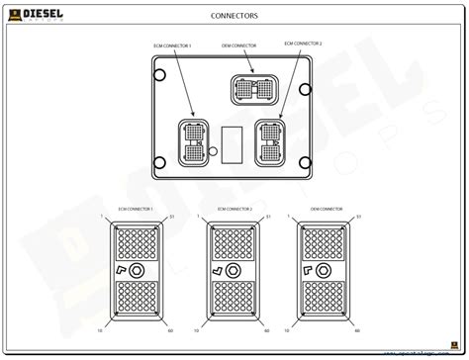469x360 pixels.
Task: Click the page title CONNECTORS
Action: pos(234,16)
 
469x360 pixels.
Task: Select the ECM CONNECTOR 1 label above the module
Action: pos(172,46)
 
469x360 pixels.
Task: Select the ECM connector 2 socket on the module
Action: pos(270,139)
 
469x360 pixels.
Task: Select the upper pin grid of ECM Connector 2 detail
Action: pos(232,243)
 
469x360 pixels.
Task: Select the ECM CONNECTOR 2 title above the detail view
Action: pos(232,209)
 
